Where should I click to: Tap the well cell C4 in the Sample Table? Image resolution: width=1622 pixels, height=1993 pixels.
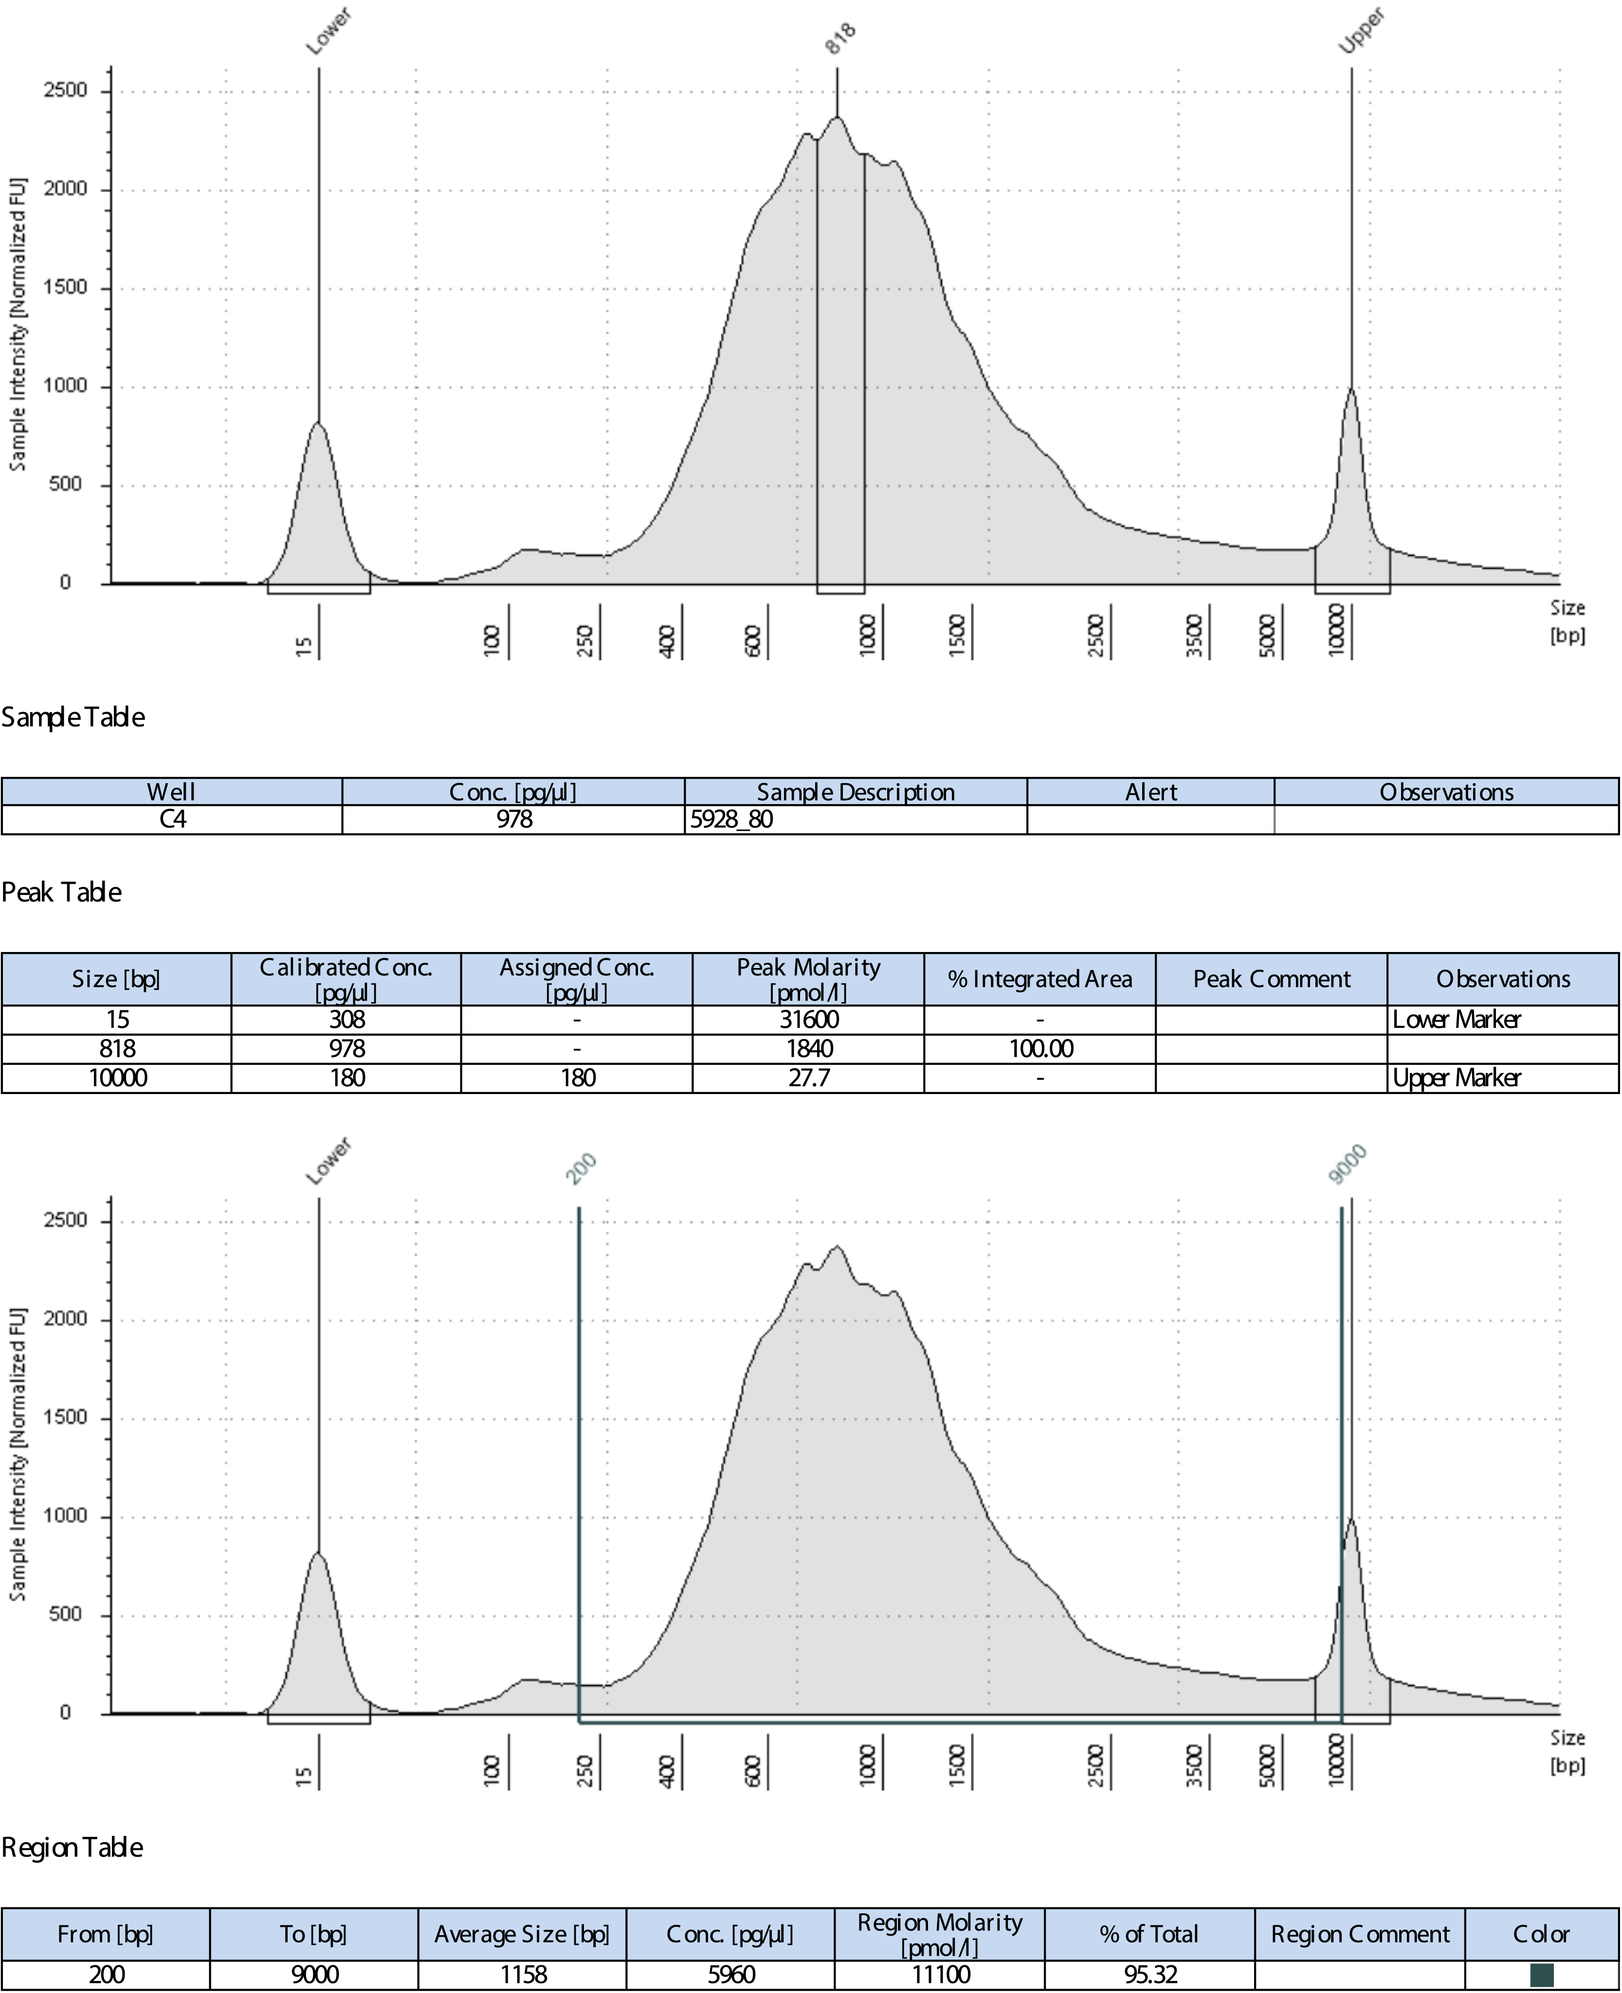tap(172, 819)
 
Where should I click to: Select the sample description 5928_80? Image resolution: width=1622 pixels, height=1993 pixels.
tap(731, 819)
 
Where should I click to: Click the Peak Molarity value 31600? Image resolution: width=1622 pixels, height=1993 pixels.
tap(808, 1019)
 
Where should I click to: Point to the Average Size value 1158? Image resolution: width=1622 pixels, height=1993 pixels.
tap(522, 1975)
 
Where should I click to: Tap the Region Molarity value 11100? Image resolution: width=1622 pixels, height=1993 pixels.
tap(939, 1975)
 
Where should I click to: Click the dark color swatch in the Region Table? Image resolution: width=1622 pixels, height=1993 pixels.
tap(1541, 1975)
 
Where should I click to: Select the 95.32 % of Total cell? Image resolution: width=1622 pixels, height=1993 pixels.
tap(1149, 1975)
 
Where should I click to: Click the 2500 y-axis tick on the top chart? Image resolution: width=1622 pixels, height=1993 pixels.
tap(65, 90)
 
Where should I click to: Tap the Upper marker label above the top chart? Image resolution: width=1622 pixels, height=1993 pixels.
tap(1361, 31)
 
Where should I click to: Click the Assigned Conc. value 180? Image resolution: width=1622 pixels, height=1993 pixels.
tap(578, 1078)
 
